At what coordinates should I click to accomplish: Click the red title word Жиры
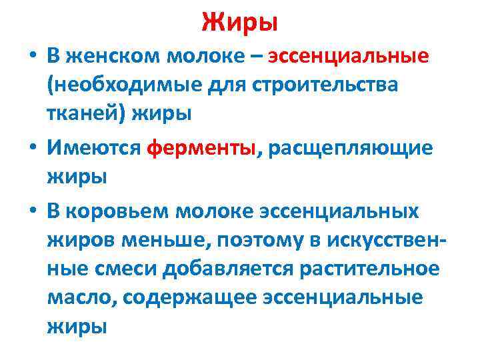[239, 23]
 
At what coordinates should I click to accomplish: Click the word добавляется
[211, 269]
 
